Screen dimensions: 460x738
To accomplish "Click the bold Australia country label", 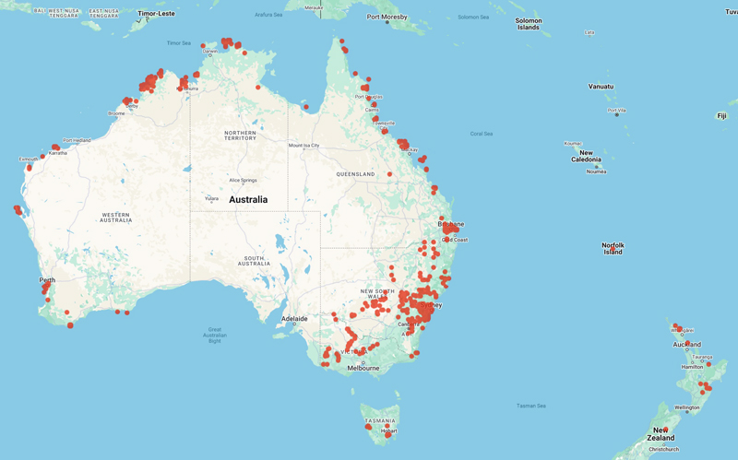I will [x=248, y=200].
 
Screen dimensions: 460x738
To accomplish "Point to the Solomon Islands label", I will [x=529, y=24].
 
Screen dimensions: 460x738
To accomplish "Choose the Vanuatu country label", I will [x=601, y=87].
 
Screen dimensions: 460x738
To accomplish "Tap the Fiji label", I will [x=721, y=116].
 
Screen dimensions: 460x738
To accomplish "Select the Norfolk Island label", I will [x=613, y=249].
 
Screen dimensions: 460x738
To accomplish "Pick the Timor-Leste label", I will [x=155, y=15].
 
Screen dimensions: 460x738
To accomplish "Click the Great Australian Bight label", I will [x=215, y=336].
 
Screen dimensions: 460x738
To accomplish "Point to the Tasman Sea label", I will [x=533, y=406].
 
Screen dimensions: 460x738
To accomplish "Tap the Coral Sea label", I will [x=482, y=134].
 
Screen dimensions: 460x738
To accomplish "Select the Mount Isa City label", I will [x=304, y=146].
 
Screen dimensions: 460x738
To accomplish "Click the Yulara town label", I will [x=212, y=198].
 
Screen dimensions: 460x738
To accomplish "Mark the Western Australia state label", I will [x=116, y=218].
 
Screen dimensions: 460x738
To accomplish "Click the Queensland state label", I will [x=355, y=174].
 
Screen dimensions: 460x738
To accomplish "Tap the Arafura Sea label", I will [x=268, y=15].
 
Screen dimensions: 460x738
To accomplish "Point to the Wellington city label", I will [x=687, y=407].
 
